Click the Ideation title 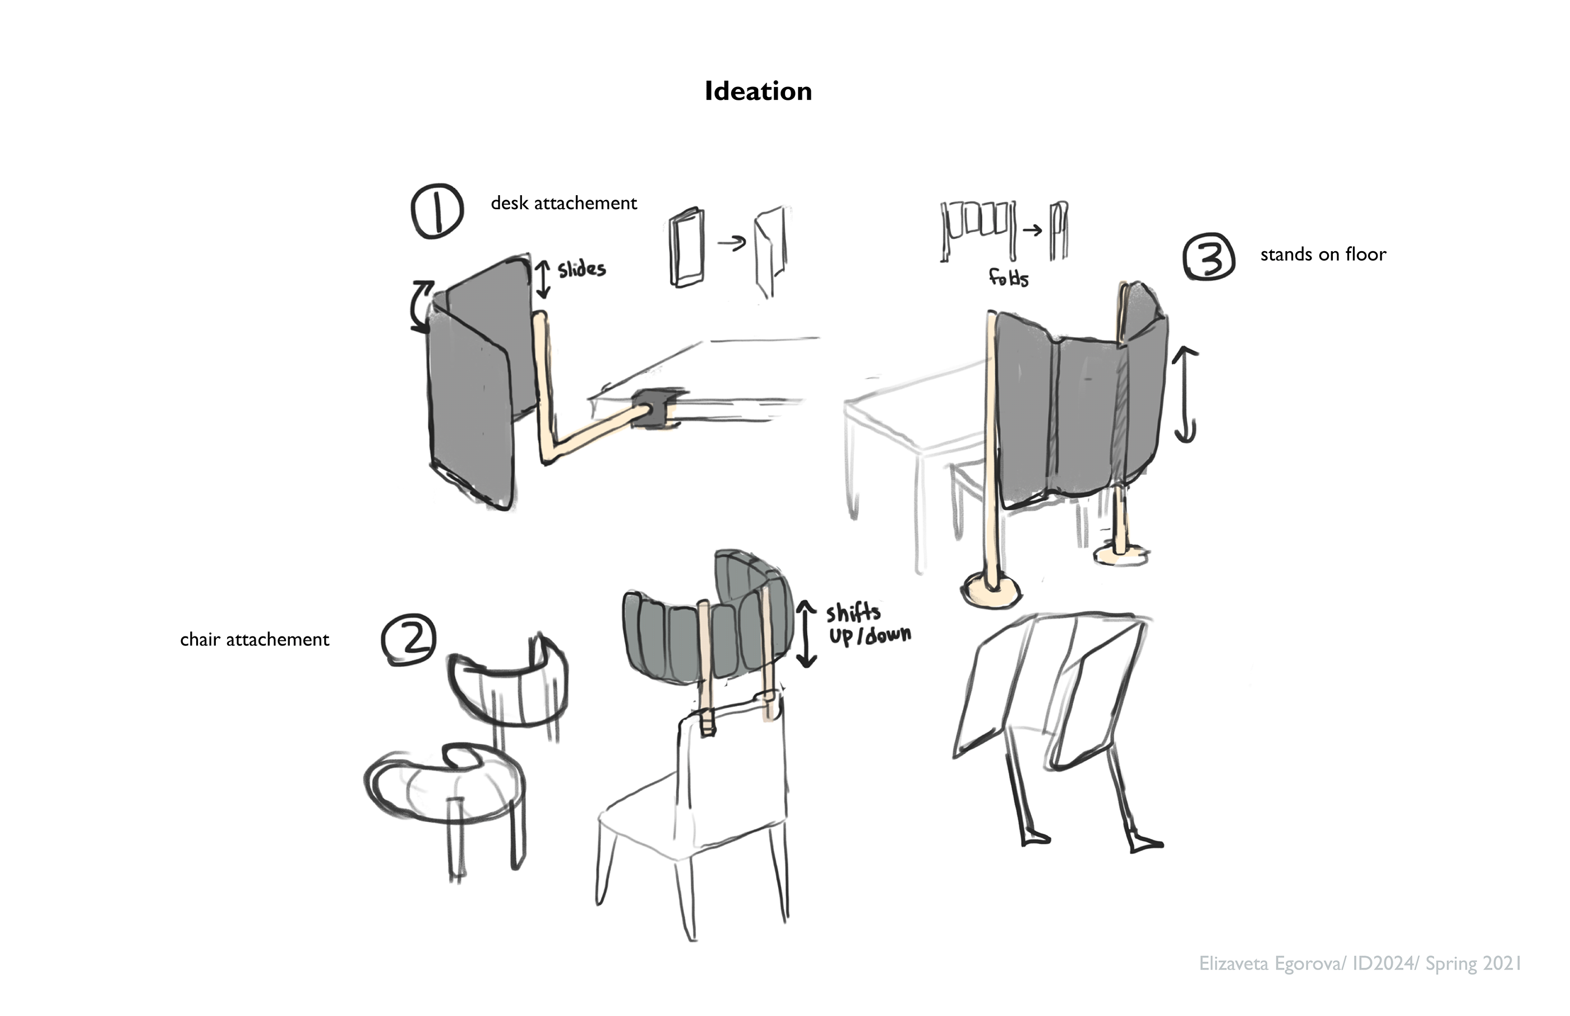(758, 91)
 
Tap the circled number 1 (437, 211)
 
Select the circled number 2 (409, 639)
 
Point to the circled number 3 (1209, 257)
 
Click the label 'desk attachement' (564, 203)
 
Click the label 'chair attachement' (254, 640)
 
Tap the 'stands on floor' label (1323, 255)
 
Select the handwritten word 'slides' (581, 269)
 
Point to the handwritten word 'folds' (1009, 278)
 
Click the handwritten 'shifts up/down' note (867, 624)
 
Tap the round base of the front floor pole (991, 590)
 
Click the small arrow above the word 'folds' (1032, 230)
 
